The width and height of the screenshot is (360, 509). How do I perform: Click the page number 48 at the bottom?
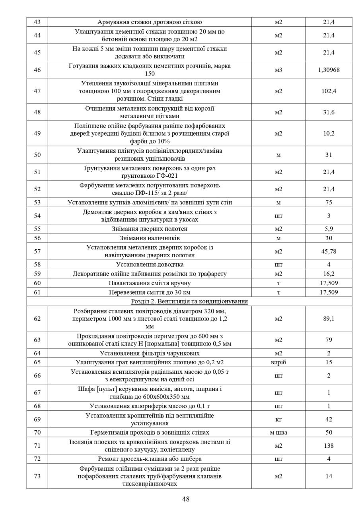[186, 499]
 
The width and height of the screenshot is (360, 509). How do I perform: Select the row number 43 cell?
[37, 22]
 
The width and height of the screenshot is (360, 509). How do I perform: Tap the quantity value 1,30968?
[329, 70]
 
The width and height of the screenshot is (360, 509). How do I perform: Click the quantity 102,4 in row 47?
[329, 91]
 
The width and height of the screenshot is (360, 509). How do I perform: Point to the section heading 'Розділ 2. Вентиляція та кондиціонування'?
[189, 301]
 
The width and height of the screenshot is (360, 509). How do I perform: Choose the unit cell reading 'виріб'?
[278, 362]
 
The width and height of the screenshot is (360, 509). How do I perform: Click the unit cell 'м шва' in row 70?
[278, 432]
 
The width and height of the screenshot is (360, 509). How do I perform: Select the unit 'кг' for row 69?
[278, 419]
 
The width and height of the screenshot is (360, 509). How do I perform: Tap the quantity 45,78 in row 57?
[329, 251]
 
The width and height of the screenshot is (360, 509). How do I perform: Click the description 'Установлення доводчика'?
[150, 264]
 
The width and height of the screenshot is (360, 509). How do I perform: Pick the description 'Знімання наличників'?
[150, 238]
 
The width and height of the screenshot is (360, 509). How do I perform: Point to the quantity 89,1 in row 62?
[329, 319]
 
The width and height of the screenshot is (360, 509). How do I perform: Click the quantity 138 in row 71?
[329, 446]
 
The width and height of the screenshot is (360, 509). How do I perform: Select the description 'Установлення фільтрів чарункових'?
[150, 353]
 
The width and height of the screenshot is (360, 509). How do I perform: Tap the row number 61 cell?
[37, 292]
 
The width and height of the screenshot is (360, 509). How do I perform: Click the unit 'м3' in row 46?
[278, 70]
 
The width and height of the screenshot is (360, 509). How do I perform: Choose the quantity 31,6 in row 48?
[329, 112]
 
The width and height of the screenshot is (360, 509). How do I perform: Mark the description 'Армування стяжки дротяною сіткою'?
[150, 22]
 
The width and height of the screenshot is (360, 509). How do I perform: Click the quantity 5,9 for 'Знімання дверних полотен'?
[329, 229]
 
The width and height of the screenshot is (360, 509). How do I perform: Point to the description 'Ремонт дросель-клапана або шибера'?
[150, 459]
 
